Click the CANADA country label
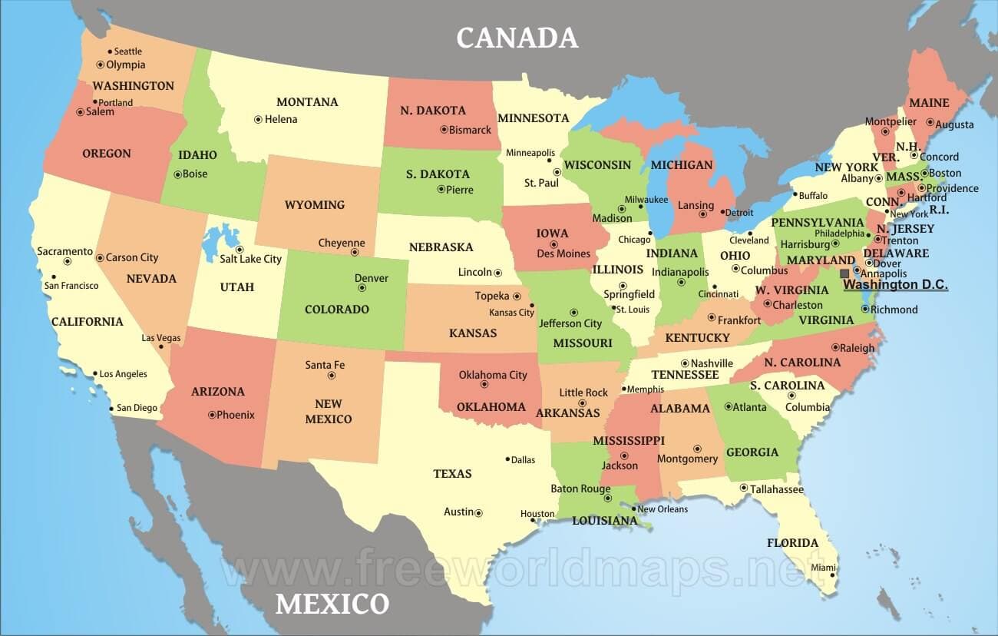[517, 38]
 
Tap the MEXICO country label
[332, 604]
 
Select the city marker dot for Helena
[258, 119]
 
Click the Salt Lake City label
[250, 260]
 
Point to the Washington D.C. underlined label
[895, 285]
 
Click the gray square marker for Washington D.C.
[844, 273]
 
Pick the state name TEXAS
[452, 474]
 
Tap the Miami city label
[823, 568]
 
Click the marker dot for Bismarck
[444, 129]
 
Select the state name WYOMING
[315, 205]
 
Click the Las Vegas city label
[161, 338]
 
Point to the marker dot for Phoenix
[212, 415]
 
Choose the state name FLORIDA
[792, 543]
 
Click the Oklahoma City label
[493, 375]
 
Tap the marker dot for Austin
[478, 512]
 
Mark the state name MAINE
[929, 103]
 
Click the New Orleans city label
[663, 509]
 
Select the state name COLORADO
[337, 310]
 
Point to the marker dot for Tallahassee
[743, 488]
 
